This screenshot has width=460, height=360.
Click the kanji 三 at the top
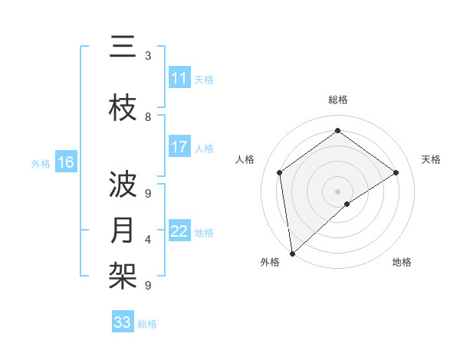click(123, 48)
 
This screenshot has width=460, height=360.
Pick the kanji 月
click(123, 231)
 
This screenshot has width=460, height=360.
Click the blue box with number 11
click(179, 78)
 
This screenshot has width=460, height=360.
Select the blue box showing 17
click(179, 147)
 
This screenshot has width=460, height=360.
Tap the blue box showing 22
click(179, 231)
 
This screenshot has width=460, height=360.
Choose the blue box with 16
click(66, 162)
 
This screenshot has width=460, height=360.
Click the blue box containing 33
click(123, 322)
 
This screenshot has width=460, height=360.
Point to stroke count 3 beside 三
click(148, 56)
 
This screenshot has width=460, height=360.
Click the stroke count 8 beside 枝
click(148, 117)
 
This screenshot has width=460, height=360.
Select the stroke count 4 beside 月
click(148, 240)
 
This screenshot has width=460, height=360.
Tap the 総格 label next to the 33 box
click(148, 324)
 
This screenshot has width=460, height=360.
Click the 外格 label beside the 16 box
click(41, 164)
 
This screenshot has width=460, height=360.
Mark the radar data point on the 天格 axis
click(396, 172)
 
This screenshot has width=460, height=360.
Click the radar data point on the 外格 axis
click(292, 253)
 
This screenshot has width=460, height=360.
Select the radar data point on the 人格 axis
click(280, 172)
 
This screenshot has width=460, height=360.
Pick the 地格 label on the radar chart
click(402, 262)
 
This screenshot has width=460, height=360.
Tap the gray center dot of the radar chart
click(337, 190)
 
